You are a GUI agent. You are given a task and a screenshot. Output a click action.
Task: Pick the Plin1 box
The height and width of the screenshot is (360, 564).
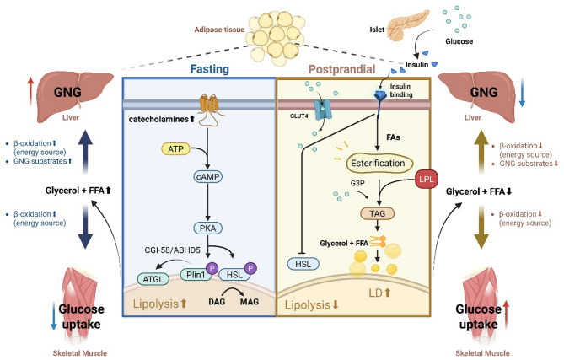pyautogui.click(x=192, y=274)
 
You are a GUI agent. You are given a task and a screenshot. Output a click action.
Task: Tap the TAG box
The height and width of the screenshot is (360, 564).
pyautogui.click(x=376, y=214)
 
